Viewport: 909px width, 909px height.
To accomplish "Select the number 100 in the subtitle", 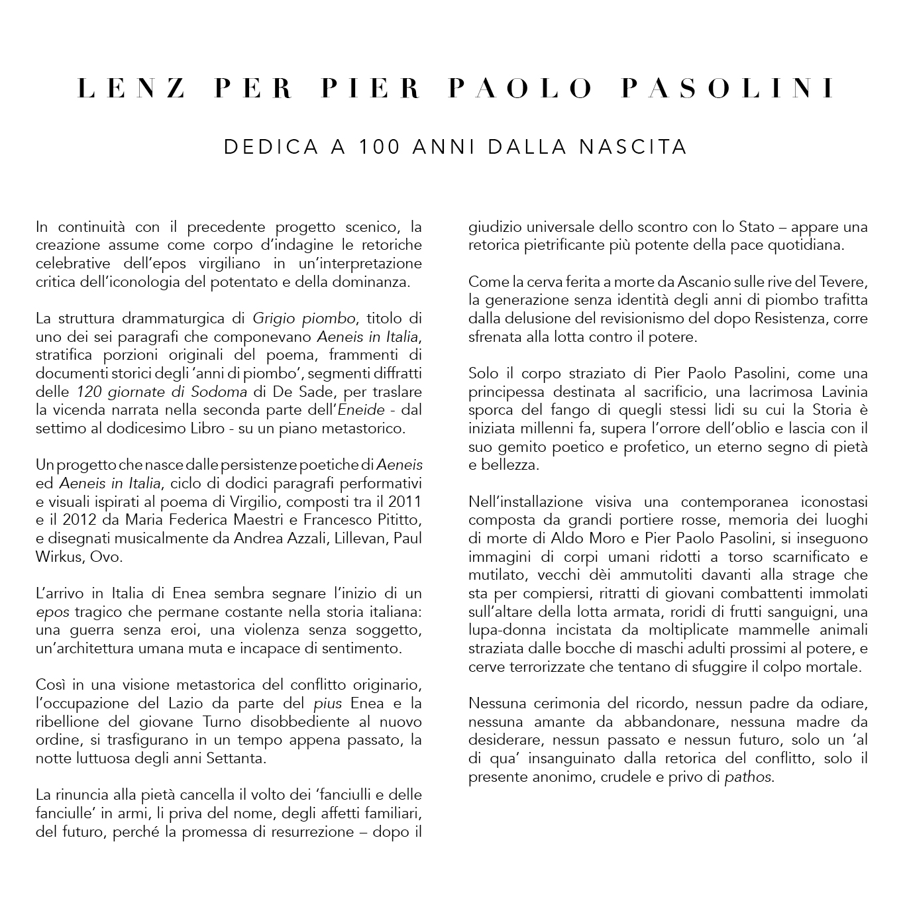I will click(379, 146).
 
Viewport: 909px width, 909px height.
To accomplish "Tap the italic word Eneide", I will click(361, 410).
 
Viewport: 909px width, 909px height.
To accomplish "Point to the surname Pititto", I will click(395, 520).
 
